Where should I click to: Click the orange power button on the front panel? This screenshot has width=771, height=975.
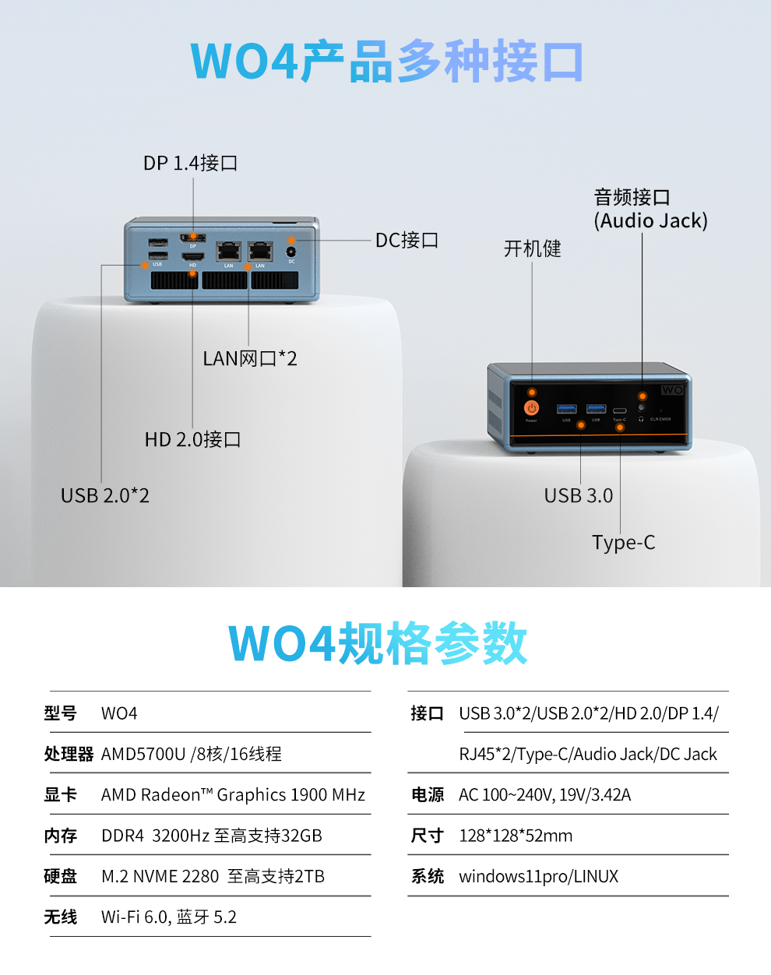(x=532, y=407)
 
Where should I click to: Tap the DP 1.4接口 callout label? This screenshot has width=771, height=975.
(x=190, y=164)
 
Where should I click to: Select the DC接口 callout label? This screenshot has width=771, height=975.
(x=407, y=241)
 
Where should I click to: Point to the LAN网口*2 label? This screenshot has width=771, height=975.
(x=249, y=359)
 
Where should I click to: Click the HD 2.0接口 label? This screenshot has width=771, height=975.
(x=192, y=440)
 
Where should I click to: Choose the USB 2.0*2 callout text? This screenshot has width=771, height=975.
(x=105, y=496)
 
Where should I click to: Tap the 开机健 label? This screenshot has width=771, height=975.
(x=532, y=249)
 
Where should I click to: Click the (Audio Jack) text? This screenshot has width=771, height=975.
(x=651, y=221)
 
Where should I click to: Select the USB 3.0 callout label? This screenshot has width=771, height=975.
(x=579, y=496)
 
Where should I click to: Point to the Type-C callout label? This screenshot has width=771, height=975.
(x=623, y=543)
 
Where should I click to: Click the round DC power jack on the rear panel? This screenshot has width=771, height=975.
(x=291, y=252)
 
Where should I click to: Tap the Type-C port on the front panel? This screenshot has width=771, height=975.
(x=619, y=410)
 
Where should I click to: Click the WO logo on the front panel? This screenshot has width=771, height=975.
(x=671, y=389)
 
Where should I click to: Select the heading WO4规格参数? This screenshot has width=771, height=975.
(x=378, y=644)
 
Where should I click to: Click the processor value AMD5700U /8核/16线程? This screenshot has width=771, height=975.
(x=192, y=754)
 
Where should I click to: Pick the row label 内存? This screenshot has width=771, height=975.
(x=60, y=836)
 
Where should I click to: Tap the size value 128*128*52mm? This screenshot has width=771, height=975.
(x=516, y=836)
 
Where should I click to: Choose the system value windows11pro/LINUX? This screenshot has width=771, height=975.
(x=538, y=877)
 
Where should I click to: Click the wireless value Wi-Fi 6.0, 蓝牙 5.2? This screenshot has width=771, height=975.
(x=169, y=917)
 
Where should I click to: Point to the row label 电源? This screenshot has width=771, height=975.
(x=428, y=795)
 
